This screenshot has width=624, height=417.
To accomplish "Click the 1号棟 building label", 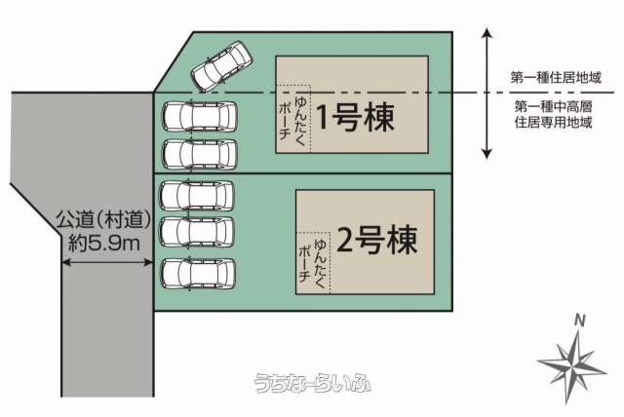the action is tap(355, 117).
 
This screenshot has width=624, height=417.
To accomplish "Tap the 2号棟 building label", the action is tap(377, 240).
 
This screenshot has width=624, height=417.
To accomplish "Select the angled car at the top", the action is tap(221, 66).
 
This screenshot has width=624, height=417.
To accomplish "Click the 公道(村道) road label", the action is tap(104, 219).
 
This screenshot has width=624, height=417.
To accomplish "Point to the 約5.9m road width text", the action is tap(104, 243).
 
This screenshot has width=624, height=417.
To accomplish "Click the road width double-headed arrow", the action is tap(107, 262).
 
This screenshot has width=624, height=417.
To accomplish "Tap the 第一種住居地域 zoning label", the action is tap(556, 77).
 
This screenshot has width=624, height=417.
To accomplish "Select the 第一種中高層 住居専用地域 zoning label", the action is tap(553, 114).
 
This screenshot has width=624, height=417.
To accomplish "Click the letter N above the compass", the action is tap(580, 321).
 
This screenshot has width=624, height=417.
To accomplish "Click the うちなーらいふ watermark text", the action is tap(312, 383).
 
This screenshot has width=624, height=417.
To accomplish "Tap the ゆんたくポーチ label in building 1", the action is tap(292, 119).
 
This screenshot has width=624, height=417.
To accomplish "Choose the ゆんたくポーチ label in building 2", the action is tap(312, 261).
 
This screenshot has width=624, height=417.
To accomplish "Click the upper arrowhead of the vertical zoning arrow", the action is tap(487, 33).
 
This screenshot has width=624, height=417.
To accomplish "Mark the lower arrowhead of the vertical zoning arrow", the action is tap(487, 154).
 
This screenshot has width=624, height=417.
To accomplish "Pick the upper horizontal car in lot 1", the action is tap(199, 117).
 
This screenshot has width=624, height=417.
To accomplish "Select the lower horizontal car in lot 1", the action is tap(199, 155).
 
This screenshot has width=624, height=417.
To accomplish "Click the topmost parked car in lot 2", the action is tap(197, 195).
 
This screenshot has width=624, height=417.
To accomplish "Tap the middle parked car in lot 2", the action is tap(197, 232).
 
